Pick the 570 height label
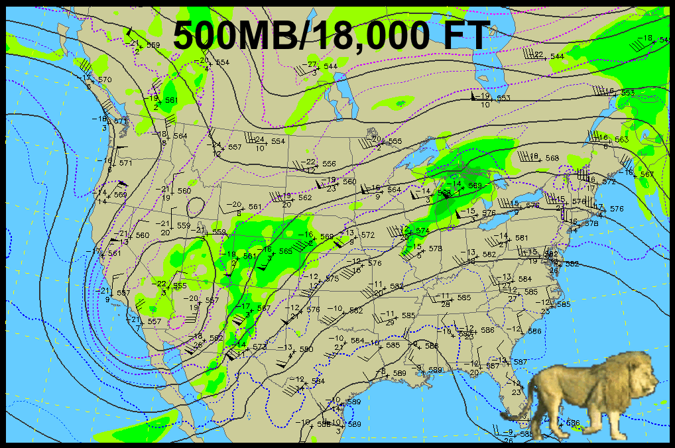[x=105, y=80]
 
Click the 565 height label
[x=285, y=251]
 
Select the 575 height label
[x=332, y=279]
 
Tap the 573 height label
[x=259, y=347]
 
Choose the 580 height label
[x=306, y=349]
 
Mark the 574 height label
[x=422, y=231]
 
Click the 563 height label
[x=621, y=140]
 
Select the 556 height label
[x=328, y=164]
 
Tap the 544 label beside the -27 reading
[x=330, y=66]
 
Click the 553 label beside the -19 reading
[x=504, y=98]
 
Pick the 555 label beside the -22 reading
[x=180, y=286]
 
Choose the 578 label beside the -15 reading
[x=436, y=249]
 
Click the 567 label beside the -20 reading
[x=212, y=300]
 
